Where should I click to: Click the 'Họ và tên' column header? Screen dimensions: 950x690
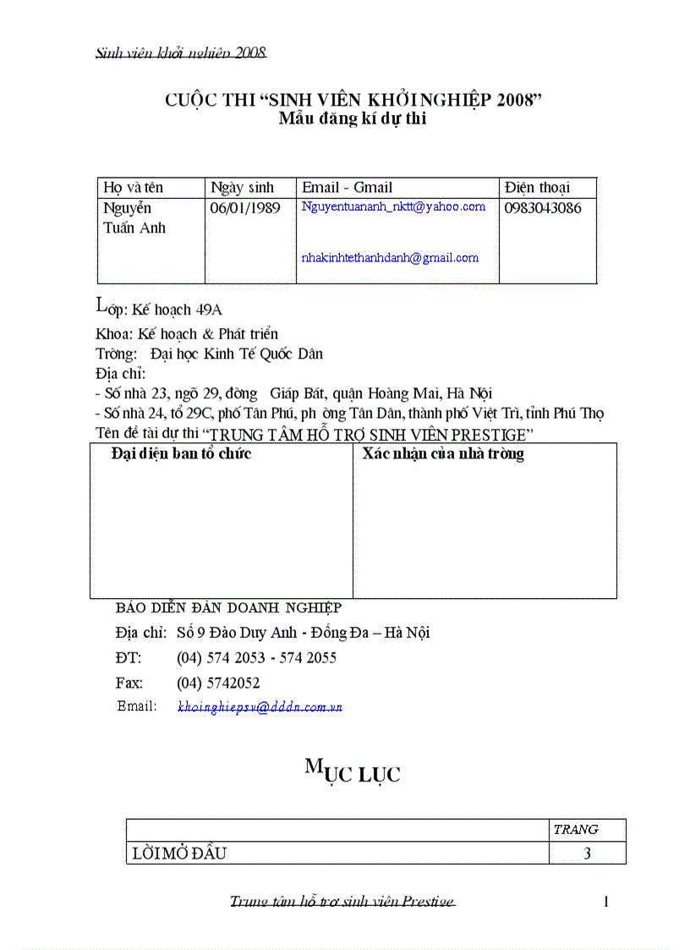(133, 188)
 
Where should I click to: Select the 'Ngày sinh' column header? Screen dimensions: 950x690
(243, 188)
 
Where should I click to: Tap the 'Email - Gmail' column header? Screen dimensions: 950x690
(347, 188)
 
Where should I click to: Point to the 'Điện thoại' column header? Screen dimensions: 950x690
(537, 188)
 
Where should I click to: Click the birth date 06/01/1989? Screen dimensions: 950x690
(245, 208)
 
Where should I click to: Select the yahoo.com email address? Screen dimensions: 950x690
(393, 206)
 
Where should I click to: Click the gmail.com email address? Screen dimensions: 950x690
(390, 258)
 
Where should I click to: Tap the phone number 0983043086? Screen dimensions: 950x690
(543, 208)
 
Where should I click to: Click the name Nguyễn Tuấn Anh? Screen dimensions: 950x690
(134, 218)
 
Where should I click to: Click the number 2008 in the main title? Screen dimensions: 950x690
(513, 101)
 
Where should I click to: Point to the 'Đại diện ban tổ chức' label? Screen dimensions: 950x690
(181, 454)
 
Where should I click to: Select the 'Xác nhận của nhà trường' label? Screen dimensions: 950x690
(443, 454)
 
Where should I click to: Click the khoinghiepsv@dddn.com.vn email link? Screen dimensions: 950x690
(260, 707)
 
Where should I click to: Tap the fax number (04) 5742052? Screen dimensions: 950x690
(218, 683)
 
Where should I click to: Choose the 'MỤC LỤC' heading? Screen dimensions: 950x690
(353, 772)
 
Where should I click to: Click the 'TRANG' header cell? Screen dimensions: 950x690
(575, 830)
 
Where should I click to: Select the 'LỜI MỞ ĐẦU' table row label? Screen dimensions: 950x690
(179, 854)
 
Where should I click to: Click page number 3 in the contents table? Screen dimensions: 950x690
(587, 854)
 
